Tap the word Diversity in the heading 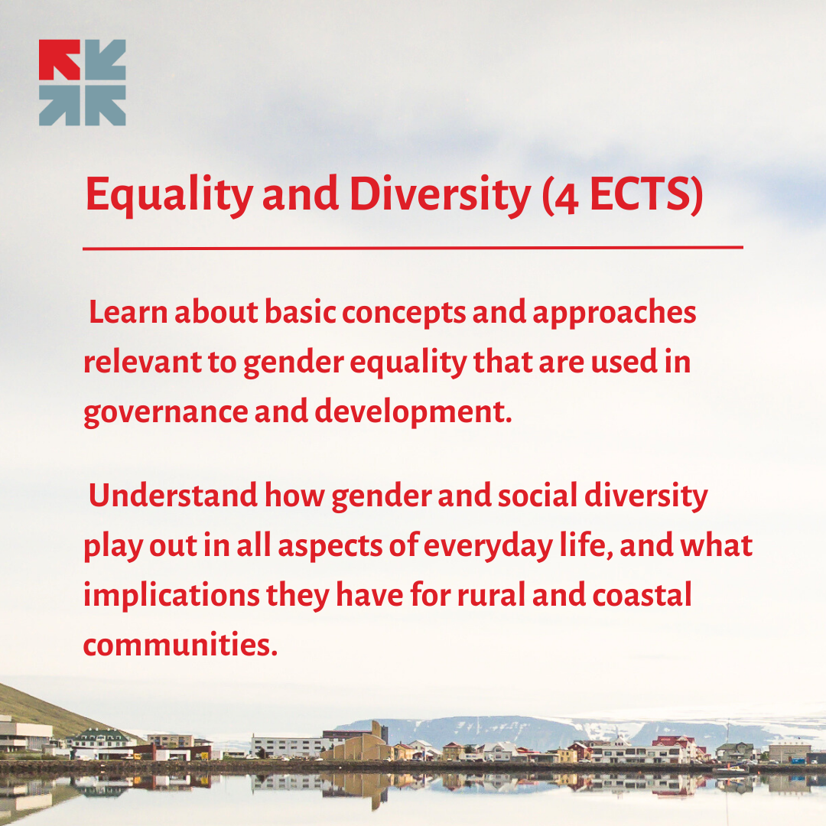click(x=441, y=196)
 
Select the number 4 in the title click(x=566, y=200)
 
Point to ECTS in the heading click(x=641, y=195)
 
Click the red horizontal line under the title click(x=413, y=248)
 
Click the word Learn click(x=128, y=312)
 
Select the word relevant click(x=143, y=363)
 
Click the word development click(x=413, y=412)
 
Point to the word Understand click(x=173, y=496)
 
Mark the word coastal click(x=642, y=595)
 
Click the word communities click(x=180, y=644)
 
